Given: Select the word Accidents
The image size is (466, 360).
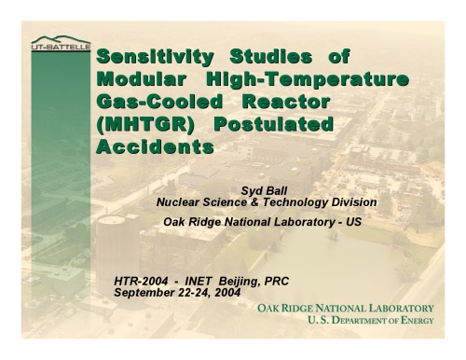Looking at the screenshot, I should [x=155, y=146].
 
